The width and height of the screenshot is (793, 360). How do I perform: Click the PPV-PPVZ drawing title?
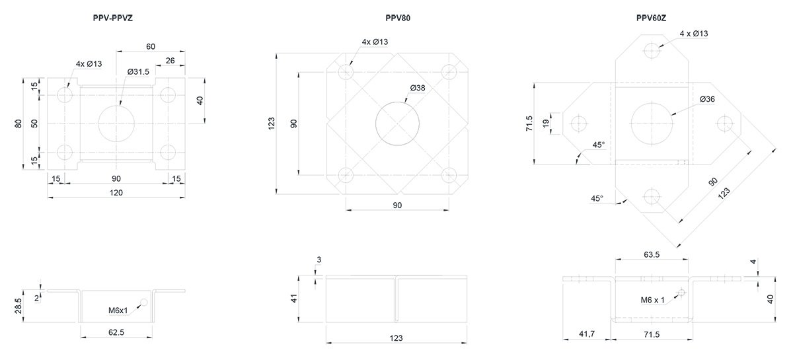coord(112,18)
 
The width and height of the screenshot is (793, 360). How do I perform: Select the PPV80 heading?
coord(398,18)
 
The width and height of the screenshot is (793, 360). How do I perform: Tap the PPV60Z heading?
coord(651,18)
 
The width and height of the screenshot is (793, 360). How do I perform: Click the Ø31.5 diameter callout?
coord(138,72)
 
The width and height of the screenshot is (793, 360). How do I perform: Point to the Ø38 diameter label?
coord(418,88)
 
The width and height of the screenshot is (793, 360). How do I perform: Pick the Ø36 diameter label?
coord(707,99)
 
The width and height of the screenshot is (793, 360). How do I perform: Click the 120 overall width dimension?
coord(116,193)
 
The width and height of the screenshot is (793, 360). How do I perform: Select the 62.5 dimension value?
coord(116,332)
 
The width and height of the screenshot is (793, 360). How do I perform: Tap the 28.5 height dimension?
coord(19,306)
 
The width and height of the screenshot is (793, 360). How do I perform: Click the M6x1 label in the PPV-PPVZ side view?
coord(118,311)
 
